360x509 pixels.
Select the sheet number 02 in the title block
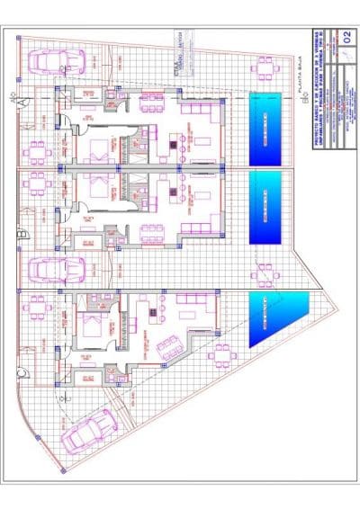coord(346,37)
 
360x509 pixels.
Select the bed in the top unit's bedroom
coord(99,145)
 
